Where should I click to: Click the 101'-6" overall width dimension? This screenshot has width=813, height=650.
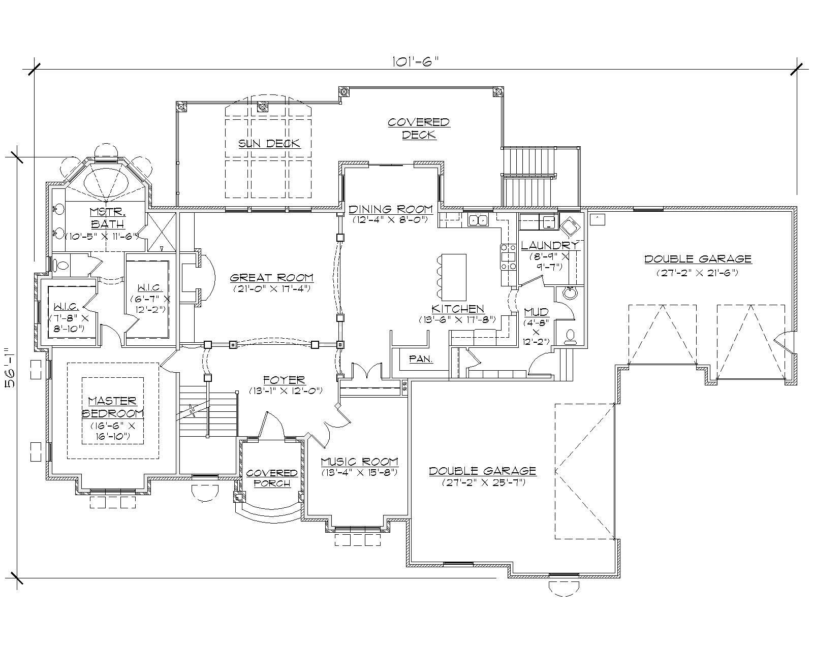(415, 61)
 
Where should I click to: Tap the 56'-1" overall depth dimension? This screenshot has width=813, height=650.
(10, 367)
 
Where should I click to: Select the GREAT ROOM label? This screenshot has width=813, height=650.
(271, 278)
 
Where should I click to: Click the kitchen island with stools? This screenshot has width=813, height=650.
(453, 277)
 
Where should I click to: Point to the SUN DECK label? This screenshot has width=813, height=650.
(269, 144)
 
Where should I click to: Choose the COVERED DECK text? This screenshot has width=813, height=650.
(419, 128)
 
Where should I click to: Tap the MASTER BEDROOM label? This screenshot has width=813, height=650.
(113, 407)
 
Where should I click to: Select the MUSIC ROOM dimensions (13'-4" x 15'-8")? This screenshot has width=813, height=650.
(359, 472)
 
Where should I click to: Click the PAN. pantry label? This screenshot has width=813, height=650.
(421, 359)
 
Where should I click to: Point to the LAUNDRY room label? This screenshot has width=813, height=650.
(549, 246)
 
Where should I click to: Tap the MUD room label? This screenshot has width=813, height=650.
(536, 312)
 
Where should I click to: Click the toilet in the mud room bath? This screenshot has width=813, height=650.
(570, 337)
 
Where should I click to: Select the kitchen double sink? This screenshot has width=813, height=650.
(478, 220)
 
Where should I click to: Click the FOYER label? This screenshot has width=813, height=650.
(284, 380)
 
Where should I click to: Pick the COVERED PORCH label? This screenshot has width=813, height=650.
(271, 478)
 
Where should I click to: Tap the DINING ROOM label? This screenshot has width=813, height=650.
(390, 209)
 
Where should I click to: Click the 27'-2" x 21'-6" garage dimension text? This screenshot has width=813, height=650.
(697, 273)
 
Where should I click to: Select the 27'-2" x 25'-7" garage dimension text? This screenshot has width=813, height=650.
(482, 482)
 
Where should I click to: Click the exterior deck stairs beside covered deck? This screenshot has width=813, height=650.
(526, 176)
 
